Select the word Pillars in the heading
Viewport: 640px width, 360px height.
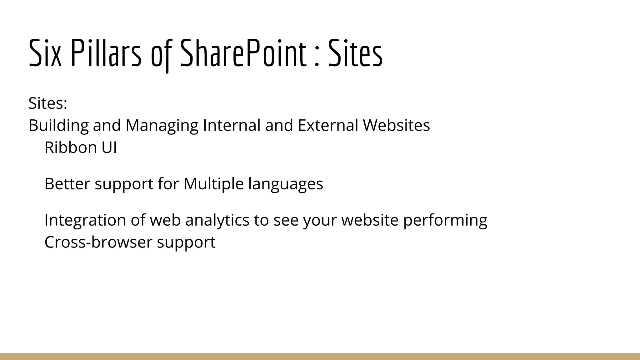(106, 53)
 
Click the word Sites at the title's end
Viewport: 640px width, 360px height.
(355, 53)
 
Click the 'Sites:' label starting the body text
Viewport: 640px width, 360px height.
(48, 103)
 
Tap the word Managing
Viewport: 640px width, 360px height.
(162, 126)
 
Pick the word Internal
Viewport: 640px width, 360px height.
(232, 125)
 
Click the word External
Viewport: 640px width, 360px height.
(328, 125)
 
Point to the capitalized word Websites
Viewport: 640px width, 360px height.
(396, 125)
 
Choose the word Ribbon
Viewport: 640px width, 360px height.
(70, 147)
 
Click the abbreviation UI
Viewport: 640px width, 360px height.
(109, 147)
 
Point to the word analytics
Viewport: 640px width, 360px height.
(217, 220)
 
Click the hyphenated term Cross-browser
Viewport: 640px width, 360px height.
(98, 242)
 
